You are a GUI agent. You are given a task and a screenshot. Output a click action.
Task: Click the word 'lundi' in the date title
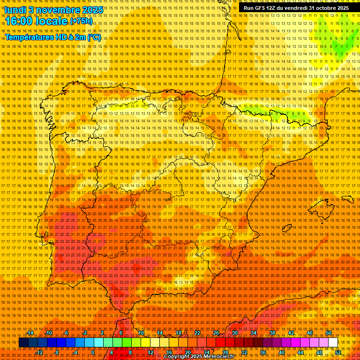click(16, 9)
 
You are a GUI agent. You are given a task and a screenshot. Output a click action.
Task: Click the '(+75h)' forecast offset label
click(81, 21)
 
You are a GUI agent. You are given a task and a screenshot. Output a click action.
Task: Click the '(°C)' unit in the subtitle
click(94, 37)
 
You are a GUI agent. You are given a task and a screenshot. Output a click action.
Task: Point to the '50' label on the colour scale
click(329, 333)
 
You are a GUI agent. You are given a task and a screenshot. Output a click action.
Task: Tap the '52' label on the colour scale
click(338, 352)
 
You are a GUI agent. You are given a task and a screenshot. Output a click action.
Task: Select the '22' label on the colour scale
click(197, 333)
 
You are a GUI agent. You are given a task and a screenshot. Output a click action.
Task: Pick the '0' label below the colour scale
click(93, 352)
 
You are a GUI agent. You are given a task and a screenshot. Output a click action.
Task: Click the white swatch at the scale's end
click(333, 343)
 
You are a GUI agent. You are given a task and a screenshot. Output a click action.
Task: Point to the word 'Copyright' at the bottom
click(176, 357)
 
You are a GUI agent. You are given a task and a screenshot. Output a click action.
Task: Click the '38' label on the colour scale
click(272, 333)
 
